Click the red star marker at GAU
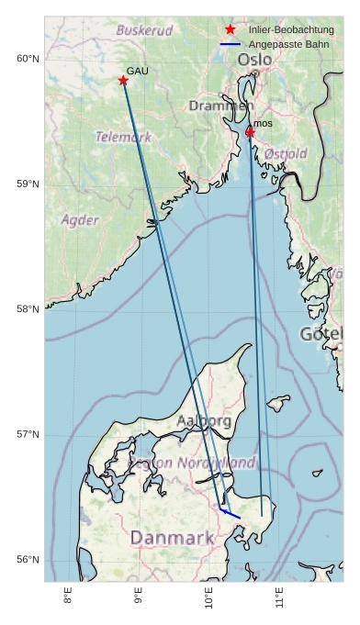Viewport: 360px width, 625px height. coord(123,81)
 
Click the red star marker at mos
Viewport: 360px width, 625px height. coord(250,132)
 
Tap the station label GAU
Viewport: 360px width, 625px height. coord(137,71)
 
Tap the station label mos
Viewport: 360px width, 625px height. coord(263,123)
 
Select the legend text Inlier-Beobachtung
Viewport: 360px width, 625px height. coord(290,30)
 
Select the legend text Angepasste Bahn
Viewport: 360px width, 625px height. coord(285,44)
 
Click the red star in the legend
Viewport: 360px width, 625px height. coord(231,29)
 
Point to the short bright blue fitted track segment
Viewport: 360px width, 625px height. coord(231,513)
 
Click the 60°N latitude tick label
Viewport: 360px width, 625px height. coord(28,59)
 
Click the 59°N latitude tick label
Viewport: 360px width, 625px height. coord(28,184)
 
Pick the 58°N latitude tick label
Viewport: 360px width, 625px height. coord(28,309)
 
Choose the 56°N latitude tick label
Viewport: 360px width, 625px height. coord(28,560)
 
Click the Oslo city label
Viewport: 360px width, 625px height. coord(254,60)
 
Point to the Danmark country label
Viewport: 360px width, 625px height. coord(172,537)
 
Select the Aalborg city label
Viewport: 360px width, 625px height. coord(203,421)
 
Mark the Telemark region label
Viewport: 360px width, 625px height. coord(123,137)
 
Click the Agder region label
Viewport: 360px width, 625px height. coord(79,220)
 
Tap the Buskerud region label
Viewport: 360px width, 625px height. coord(144,30)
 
